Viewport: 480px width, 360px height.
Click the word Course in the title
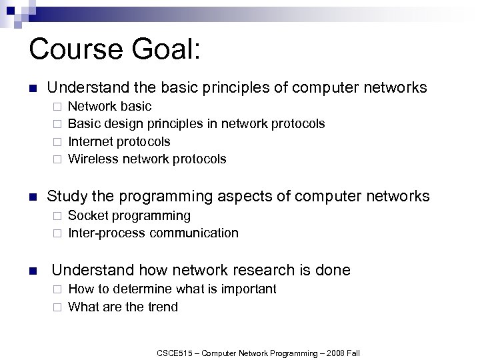73,51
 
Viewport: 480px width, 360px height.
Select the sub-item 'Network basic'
110,106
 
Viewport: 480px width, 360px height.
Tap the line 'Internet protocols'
119,141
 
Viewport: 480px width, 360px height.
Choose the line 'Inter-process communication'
153,233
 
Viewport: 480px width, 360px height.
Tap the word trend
162,307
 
